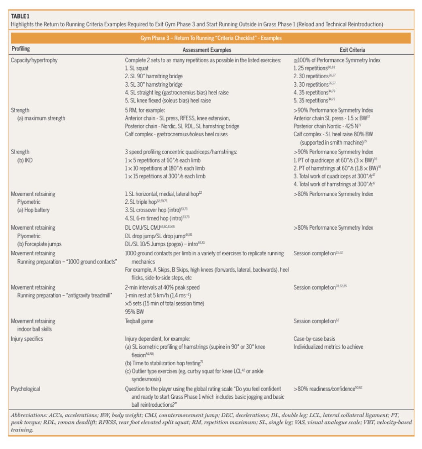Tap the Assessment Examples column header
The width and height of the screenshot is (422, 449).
pyautogui.click(x=207, y=50)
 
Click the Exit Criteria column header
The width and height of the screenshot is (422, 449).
pyautogui.click(x=352, y=50)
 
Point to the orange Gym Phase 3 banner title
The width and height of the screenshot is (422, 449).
pyautogui.click(x=211, y=38)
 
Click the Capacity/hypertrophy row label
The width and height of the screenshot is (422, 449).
pyautogui.click(x=34, y=60)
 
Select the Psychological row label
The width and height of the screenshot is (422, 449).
pyautogui.click(x=26, y=389)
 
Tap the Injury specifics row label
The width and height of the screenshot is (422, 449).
pyautogui.click(x=27, y=338)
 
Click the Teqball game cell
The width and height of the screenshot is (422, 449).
pyautogui.click(x=139, y=321)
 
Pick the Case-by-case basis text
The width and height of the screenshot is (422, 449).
pyautogui.click(x=314, y=338)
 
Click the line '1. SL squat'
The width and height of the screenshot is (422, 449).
pyautogui.click(x=137, y=68)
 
